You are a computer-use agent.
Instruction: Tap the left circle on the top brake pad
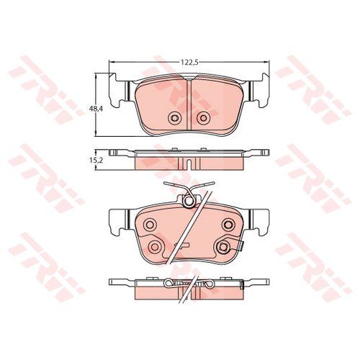pyautogui.click(x=174, y=118)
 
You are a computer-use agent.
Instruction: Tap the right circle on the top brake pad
pyautogui.click(x=204, y=118)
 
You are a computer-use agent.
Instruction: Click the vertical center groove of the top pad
pyautogui.click(x=189, y=103)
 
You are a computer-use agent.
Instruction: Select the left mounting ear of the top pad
pyautogui.click(x=120, y=90)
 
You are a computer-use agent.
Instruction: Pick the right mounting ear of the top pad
pyautogui.click(x=258, y=90)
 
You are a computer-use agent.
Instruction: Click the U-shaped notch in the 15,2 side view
pyautogui.click(x=189, y=164)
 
